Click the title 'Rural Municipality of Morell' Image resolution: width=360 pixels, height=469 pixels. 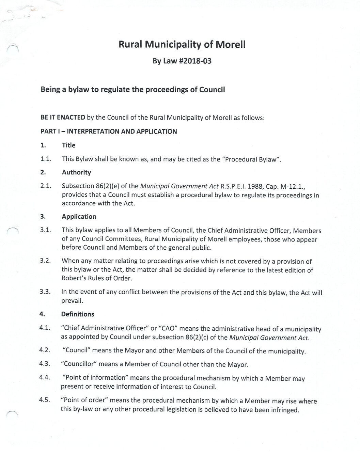182,44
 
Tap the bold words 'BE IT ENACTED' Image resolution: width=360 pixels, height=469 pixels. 63,118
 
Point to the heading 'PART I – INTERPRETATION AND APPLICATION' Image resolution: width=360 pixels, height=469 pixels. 109,131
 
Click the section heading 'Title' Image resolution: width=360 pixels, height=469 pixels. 68,145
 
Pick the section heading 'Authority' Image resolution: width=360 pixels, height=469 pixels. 76,172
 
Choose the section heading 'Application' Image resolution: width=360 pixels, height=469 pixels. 79,217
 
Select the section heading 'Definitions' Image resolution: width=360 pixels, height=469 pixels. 78,314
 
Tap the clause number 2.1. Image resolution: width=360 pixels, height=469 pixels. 45,186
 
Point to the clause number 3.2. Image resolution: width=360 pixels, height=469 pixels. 45,261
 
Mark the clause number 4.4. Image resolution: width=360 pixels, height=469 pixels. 45,377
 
